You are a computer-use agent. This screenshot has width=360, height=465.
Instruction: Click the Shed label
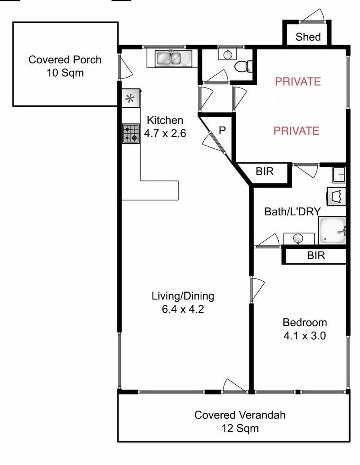tap(308, 37)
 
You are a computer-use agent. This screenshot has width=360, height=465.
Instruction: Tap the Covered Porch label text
tap(65, 60)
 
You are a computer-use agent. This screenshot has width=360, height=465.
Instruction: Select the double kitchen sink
tap(173, 59)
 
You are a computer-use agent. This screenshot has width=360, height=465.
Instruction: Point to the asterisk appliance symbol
tap(130, 99)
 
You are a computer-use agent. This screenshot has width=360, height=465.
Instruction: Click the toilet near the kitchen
tap(244, 66)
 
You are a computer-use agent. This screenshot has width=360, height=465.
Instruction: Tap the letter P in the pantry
tap(222, 131)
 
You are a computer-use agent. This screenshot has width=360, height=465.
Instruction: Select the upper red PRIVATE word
tap(298, 81)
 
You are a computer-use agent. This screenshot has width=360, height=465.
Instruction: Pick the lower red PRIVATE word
tap(296, 131)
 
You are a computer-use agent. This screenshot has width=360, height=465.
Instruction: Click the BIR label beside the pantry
tap(265, 172)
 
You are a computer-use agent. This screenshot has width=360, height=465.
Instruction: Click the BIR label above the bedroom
tap(316, 256)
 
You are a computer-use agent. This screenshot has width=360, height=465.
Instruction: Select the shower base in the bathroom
tap(331, 230)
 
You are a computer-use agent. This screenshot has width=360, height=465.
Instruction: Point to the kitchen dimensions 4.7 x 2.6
tap(165, 133)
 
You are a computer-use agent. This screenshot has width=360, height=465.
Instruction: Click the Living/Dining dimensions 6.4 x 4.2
tap(183, 309)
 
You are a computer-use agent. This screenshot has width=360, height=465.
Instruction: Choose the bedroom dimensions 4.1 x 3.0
tap(304, 336)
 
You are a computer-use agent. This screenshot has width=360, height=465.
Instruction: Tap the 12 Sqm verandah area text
tap(240, 428)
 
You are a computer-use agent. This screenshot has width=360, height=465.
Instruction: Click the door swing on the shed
tap(313, 16)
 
